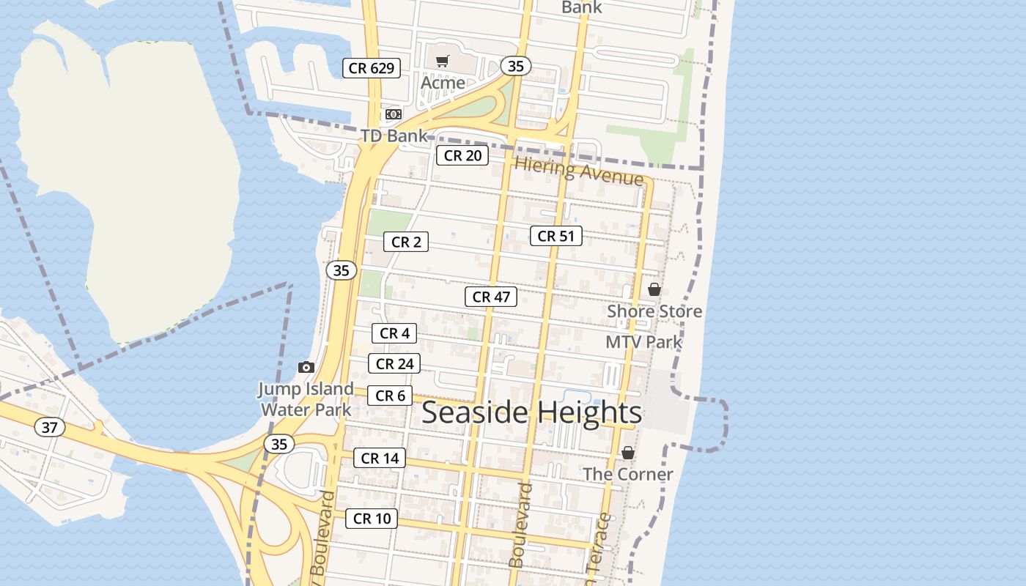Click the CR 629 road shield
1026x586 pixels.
(372, 69)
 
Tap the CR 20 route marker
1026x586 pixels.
(462, 155)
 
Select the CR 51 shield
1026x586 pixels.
(556, 236)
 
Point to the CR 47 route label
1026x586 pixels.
(491, 297)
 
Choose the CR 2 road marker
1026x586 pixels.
(406, 242)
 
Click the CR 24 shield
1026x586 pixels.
(395, 363)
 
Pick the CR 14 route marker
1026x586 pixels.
(379, 459)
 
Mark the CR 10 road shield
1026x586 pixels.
(372, 519)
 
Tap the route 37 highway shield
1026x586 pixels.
(49, 427)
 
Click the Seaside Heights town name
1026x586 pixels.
(531, 412)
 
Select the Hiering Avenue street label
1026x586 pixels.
(579, 171)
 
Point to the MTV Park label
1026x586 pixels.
(643, 342)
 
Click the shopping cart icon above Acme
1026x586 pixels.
(442, 62)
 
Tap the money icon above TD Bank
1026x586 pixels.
(394, 114)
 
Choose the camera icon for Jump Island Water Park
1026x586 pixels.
(306, 367)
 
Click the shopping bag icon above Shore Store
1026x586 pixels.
(654, 289)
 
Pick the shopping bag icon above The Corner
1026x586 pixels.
(628, 453)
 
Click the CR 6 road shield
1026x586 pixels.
(390, 396)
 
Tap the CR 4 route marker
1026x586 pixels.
(394, 333)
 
